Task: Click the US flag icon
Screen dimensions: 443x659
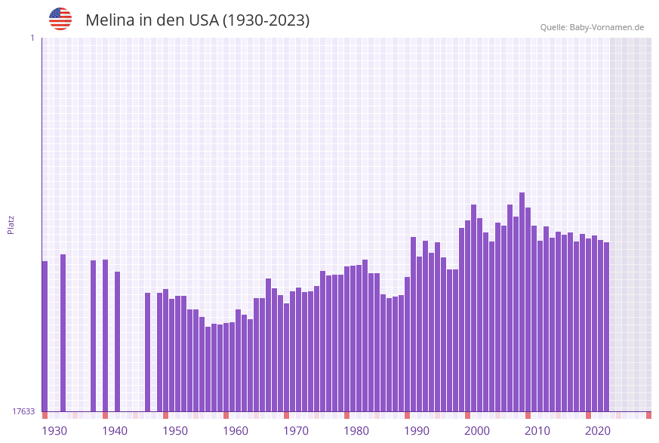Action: (x=60, y=19)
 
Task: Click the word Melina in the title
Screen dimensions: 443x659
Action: (x=110, y=20)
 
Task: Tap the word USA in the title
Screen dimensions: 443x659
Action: (x=203, y=20)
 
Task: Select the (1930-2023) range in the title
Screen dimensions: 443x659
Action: (x=266, y=20)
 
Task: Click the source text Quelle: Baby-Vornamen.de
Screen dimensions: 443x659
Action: (x=592, y=28)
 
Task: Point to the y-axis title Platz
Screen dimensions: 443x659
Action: (x=11, y=225)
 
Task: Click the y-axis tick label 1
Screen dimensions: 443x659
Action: (x=32, y=38)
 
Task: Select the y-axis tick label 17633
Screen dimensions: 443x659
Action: (x=23, y=411)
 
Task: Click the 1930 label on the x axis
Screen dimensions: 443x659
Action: (x=54, y=431)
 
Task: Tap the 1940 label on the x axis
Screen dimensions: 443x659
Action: (x=115, y=431)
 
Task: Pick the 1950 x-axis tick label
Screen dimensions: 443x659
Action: (x=175, y=431)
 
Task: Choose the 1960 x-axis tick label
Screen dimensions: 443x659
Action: (x=236, y=431)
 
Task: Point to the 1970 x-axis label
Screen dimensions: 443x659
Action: (x=296, y=431)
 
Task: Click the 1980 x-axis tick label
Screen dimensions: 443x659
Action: (x=356, y=431)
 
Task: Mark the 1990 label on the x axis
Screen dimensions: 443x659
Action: (x=417, y=431)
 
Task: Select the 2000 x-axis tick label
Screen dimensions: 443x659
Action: (x=477, y=431)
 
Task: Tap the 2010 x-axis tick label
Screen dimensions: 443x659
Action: (x=537, y=431)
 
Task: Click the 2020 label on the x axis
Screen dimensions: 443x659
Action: (x=598, y=431)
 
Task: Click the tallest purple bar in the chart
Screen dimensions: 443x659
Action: (x=522, y=302)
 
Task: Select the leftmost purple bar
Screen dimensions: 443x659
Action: (x=45, y=336)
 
